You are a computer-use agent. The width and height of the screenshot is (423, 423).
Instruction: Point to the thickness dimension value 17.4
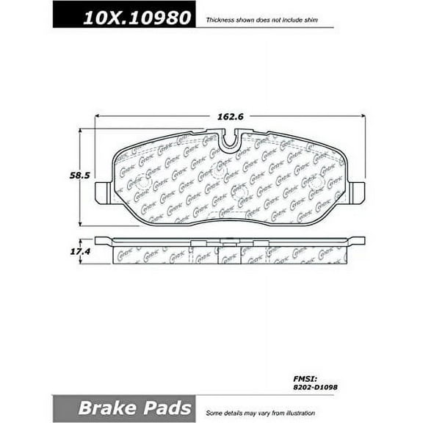pyautogui.click(x=68, y=252)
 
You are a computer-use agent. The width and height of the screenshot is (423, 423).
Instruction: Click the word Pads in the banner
pyautogui.click(x=165, y=408)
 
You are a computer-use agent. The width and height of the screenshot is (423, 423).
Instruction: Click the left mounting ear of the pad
pyautogui.click(x=104, y=193)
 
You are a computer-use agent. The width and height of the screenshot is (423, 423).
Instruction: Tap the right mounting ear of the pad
pyautogui.click(x=358, y=192)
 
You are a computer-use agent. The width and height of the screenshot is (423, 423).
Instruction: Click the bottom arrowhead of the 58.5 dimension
pyautogui.click(x=79, y=222)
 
